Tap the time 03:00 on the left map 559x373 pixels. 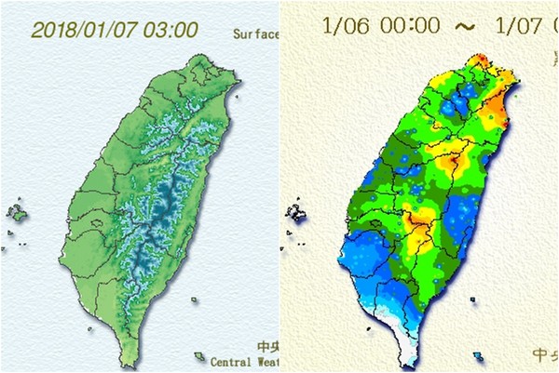point(171,29)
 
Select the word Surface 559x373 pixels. point(255,34)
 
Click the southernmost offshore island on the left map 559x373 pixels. point(198,355)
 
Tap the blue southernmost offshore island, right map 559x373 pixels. point(478,355)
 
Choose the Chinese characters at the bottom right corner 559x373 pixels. point(544,353)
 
